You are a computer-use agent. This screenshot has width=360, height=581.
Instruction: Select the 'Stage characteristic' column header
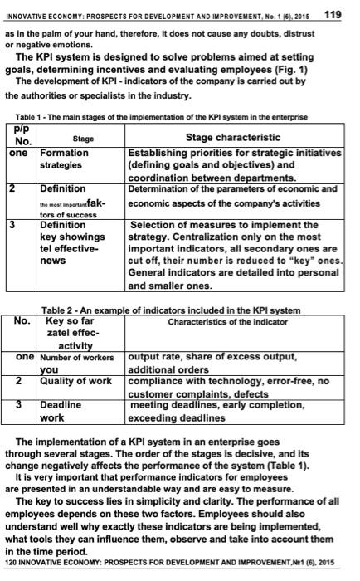click(233, 137)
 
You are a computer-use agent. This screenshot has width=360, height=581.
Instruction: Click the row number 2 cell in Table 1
click(12, 189)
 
